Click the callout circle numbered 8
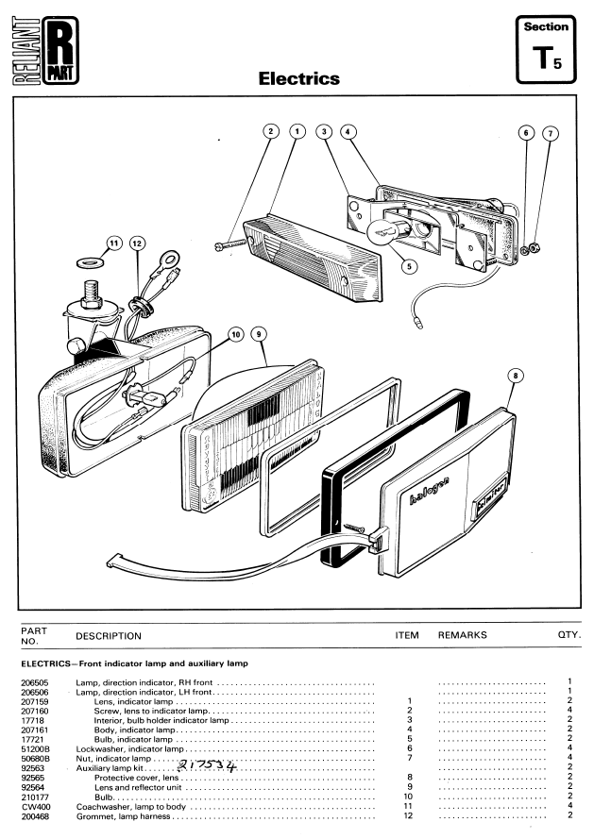point(516,376)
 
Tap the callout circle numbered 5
point(409,266)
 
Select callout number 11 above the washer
point(114,243)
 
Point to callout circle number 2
point(271,131)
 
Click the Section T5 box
point(546,49)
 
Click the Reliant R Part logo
point(45,50)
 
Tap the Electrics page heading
point(298,78)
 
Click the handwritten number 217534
point(206,766)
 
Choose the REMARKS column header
point(462,635)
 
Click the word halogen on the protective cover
point(429,490)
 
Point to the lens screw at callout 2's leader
point(230,245)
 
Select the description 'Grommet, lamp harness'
point(123,816)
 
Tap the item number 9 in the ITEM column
point(410,787)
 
